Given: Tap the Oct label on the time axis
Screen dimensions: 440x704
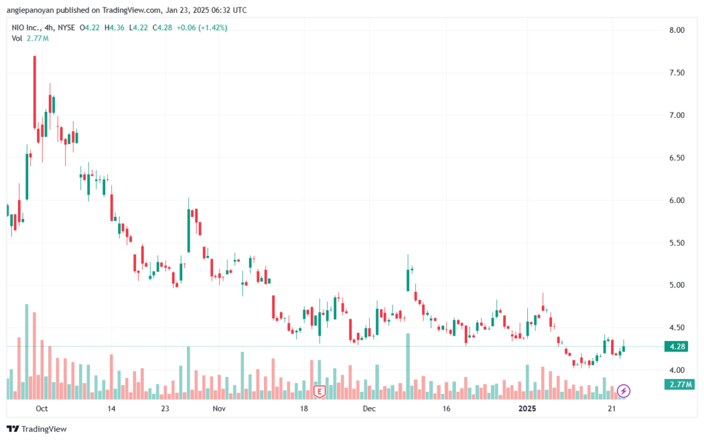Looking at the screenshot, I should pos(41,408).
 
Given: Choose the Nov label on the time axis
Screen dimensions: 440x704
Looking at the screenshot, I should pos(219,408).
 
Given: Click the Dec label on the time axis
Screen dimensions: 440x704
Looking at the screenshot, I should pos(369,408).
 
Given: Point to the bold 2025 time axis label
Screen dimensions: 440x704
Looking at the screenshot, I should pos(527,408).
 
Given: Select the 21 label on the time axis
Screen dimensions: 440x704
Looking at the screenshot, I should pos(610,408).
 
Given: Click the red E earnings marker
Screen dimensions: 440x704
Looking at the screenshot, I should pos(319,391).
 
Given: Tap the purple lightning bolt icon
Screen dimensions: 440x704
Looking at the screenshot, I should pos(624,391).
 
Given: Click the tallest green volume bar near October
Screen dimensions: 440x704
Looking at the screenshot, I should pos(27,351).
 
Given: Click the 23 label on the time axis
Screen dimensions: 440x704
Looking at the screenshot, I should pos(164,408).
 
